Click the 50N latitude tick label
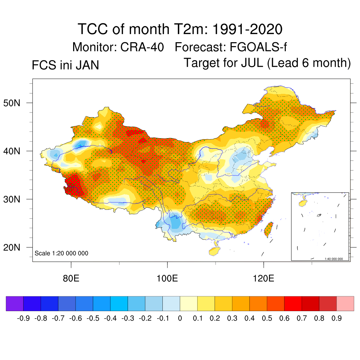(14, 103)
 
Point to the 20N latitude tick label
(14, 247)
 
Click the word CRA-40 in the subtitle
(142, 47)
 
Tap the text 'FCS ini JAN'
(65, 65)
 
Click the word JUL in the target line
(252, 63)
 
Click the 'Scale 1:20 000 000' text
(61, 253)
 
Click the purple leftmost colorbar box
(14, 304)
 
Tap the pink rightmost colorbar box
(345, 304)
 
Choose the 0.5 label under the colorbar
(267, 319)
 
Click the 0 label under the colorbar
(180, 319)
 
